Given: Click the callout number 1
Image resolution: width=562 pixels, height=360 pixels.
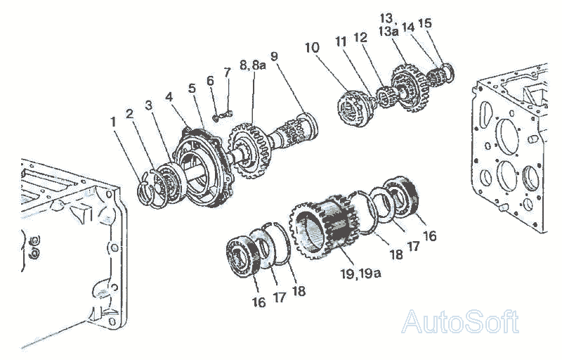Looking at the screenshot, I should pyautogui.click(x=113, y=121).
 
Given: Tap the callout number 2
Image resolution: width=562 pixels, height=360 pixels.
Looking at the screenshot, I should pyautogui.click(x=129, y=112).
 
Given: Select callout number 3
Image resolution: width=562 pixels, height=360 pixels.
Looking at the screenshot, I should pyautogui.click(x=148, y=105).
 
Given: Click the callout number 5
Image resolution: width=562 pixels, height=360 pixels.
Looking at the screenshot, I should pyautogui.click(x=192, y=89).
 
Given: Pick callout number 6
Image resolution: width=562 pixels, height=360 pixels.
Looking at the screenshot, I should pyautogui.click(x=209, y=81).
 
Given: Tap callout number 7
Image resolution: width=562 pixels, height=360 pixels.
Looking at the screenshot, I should pyautogui.click(x=226, y=72).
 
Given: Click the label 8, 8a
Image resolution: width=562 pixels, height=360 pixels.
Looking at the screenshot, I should pyautogui.click(x=252, y=65).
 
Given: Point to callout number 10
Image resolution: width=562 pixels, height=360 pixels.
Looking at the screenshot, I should pyautogui.click(x=313, y=47).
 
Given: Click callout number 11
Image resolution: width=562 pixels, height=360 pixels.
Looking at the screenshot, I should pyautogui.click(x=341, y=41).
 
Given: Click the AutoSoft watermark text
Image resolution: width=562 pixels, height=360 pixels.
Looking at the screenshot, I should pyautogui.click(x=460, y=322).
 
